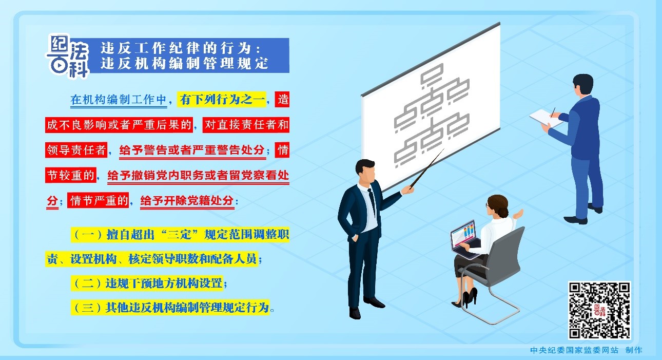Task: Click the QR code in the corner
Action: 599,310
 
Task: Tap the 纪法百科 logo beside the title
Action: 68,55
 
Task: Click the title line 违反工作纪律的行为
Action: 180,48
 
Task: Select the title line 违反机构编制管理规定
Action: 184,63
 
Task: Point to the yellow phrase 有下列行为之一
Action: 222,100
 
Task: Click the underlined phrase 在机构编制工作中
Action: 119,100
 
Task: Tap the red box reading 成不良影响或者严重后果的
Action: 119,125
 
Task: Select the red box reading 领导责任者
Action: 76,150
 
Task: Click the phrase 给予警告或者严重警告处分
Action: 192,150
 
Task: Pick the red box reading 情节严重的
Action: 98,201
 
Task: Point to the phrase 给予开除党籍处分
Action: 187,201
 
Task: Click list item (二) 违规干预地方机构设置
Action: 147,283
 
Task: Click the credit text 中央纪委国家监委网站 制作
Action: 586,350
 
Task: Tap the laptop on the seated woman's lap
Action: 465,239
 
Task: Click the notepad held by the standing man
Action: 546,118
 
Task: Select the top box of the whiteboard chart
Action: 432,73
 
